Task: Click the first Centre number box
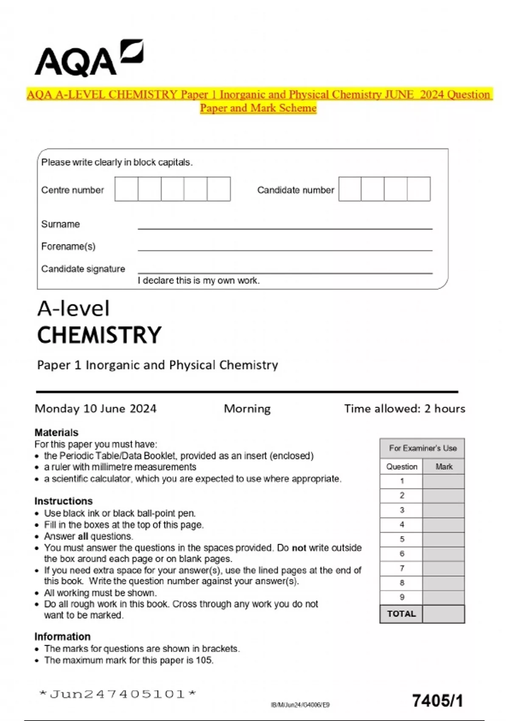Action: pyautogui.click(x=126, y=189)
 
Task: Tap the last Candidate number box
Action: pyautogui.click(x=419, y=189)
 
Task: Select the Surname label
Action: pyautogui.click(x=60, y=224)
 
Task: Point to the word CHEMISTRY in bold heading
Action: pyautogui.click(x=99, y=335)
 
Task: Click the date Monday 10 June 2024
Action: pyautogui.click(x=95, y=408)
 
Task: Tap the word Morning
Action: pyautogui.click(x=247, y=408)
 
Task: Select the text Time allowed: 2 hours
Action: pyautogui.click(x=404, y=408)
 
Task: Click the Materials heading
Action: pyautogui.click(x=56, y=432)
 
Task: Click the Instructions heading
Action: pyautogui.click(x=63, y=501)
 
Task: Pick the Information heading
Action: pyautogui.click(x=62, y=637)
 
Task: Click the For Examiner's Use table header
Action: pyautogui.click(x=422, y=448)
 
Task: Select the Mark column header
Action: pyautogui.click(x=444, y=467)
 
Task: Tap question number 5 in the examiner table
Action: pyautogui.click(x=402, y=539)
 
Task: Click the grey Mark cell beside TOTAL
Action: pyautogui.click(x=444, y=614)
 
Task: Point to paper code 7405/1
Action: pyautogui.click(x=437, y=701)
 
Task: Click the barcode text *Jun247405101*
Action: pyautogui.click(x=117, y=694)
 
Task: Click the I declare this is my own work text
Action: pyautogui.click(x=199, y=280)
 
